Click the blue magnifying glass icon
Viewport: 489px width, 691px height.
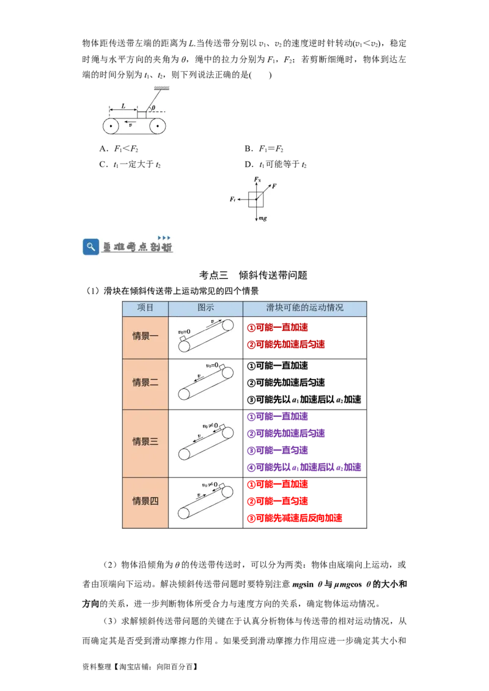click(90, 247)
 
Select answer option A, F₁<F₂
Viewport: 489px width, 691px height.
click(119, 148)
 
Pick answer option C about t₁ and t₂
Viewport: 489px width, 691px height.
click(130, 164)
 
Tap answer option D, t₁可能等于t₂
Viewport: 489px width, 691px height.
click(276, 164)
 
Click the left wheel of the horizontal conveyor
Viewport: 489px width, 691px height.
click(111, 126)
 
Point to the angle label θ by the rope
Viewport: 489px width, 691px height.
click(153, 107)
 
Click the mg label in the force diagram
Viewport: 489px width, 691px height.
click(263, 218)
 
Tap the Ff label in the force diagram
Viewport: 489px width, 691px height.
click(233, 199)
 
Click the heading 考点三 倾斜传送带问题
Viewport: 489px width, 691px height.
click(253, 275)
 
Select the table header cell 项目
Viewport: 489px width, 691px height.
click(145, 308)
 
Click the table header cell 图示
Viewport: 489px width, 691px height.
click(205, 308)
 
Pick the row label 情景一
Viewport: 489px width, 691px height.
click(145, 336)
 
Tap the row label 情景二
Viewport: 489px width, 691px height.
click(145, 382)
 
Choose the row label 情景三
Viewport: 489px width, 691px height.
click(145, 441)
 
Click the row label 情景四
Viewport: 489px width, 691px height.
click(145, 501)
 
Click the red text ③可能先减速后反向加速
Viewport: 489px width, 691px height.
click(295, 518)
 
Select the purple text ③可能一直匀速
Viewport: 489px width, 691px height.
click(277, 450)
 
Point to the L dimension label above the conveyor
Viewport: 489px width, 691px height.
click(123, 106)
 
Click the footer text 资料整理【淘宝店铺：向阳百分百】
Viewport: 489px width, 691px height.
click(140, 667)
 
